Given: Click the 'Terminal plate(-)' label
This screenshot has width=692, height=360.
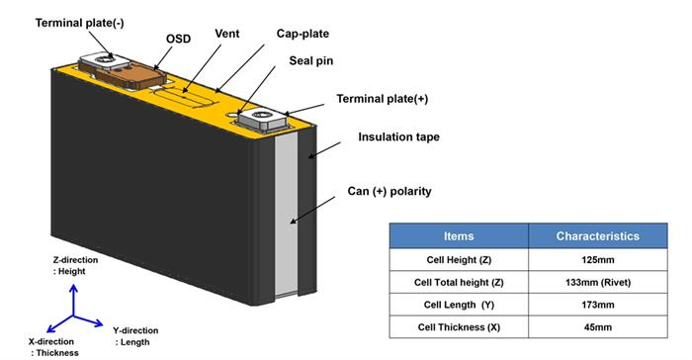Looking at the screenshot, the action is point(79,23).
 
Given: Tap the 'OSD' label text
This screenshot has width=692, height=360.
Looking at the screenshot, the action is point(178,39).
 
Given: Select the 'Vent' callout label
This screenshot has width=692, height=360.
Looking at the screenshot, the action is point(227,34).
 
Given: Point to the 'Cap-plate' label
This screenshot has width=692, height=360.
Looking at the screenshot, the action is point(303,34).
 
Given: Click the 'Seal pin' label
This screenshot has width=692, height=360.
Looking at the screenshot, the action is point(311,61).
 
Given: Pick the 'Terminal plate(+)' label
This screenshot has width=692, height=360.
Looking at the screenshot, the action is point(383,99).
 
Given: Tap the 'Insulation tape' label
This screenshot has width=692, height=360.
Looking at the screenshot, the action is point(399,136).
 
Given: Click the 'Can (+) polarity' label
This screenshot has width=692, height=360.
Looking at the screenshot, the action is point(389,191).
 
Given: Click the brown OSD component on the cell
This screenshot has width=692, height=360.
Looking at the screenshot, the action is point(131,75).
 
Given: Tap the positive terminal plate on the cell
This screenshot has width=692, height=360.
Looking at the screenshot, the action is point(263,120).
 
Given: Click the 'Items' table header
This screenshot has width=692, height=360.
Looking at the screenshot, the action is point(459,235).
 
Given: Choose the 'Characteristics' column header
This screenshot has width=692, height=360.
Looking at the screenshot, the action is point(597,235).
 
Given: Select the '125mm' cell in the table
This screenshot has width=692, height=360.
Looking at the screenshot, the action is point(597,260).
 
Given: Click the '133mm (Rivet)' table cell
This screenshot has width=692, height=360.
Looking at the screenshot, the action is point(597,282).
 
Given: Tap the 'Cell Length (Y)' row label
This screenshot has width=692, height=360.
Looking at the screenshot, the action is point(459,305).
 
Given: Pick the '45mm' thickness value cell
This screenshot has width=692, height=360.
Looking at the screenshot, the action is point(597,327).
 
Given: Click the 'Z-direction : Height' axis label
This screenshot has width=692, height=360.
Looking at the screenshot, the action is point(75,265).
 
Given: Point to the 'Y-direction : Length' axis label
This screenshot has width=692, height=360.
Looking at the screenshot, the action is point(135,336).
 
